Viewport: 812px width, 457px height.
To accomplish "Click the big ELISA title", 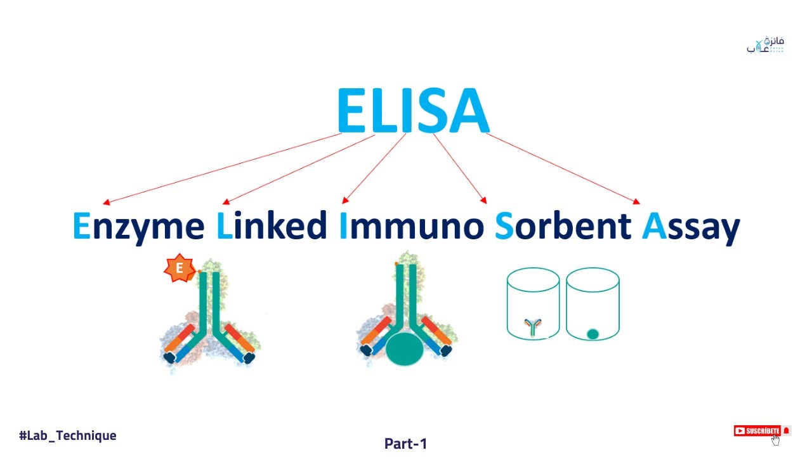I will [x=413, y=110].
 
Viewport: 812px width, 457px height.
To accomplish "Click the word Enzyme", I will [x=139, y=227].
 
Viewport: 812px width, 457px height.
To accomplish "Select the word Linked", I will [x=272, y=226].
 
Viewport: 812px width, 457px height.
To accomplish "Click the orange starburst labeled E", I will [x=179, y=268].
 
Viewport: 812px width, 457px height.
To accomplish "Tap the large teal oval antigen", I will [x=404, y=349].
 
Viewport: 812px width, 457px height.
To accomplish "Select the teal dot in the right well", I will [x=593, y=334].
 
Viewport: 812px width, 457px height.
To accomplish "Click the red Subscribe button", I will [x=757, y=431].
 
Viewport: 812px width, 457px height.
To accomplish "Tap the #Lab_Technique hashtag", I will [x=68, y=435].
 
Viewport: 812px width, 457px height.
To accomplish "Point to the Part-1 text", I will [x=405, y=444].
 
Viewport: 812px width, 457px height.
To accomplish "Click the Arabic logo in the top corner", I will [x=766, y=45].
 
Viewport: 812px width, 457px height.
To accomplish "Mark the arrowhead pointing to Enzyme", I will [x=106, y=202].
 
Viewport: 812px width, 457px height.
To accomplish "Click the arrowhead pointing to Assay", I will [x=636, y=202].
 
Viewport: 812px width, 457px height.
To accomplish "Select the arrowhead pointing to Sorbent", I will [x=483, y=201].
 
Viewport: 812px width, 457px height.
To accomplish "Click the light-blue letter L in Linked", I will [x=225, y=226].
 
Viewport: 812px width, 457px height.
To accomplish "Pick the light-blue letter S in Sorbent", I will [x=504, y=227].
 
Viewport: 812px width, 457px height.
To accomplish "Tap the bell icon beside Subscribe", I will [x=787, y=431].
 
